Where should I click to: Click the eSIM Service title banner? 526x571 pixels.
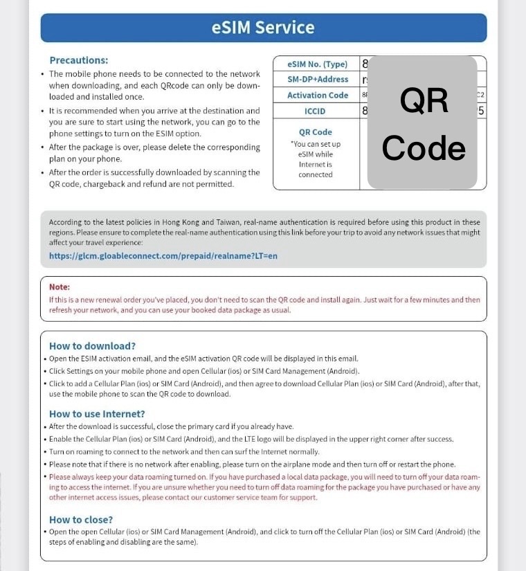[x=263, y=28]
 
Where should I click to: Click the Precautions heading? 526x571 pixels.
[x=79, y=60]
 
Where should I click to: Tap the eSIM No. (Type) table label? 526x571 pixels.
[x=317, y=64]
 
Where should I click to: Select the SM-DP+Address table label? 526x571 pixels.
[x=318, y=80]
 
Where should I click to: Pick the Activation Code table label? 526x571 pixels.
[x=318, y=96]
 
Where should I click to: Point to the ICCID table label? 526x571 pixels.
[x=316, y=111]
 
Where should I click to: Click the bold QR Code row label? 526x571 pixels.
[x=316, y=132]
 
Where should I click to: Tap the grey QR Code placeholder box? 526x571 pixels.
[x=423, y=123]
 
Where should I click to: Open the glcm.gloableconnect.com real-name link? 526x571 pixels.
[x=163, y=255]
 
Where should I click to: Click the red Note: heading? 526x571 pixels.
[x=60, y=287]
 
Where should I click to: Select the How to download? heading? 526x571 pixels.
[x=92, y=345]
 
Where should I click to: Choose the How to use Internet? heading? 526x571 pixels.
[x=97, y=414]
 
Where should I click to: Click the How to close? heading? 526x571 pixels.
[x=81, y=519]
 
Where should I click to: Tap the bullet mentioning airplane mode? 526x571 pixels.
[x=252, y=464]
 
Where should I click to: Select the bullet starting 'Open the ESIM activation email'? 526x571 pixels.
[x=203, y=359]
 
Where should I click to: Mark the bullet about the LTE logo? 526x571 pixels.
[x=251, y=439]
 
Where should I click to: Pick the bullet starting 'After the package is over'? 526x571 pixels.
[x=154, y=153]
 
